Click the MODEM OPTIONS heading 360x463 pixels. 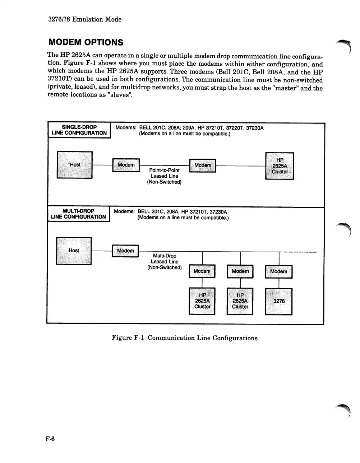pos(86,42)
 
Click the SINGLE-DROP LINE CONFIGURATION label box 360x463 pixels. pos(79,130)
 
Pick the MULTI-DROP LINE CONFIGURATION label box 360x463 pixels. pos(78,214)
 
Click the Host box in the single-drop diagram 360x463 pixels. pos(75,165)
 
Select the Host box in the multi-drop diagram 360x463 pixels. pos(74,251)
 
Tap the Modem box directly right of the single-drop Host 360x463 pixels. pos(126,165)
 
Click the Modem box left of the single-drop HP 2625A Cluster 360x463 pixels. pos(203,165)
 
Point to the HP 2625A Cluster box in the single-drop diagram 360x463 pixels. pos(280,166)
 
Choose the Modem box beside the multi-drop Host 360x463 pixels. pos(125,251)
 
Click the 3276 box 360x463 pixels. pos(279,301)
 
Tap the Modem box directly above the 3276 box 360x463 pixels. pos(278,272)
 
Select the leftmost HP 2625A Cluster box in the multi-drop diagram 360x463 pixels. pos(202,301)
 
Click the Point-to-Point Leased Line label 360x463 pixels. pos(164,176)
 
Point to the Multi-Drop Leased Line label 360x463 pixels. pos(165,262)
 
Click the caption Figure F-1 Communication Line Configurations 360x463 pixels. pos(185,338)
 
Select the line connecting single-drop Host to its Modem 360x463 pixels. pos(102,165)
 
